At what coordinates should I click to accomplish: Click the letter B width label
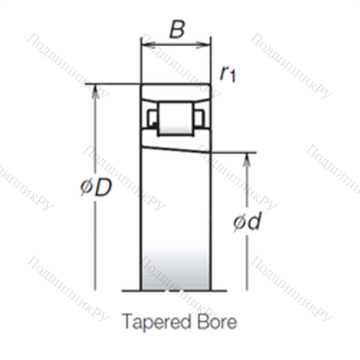click(x=177, y=30)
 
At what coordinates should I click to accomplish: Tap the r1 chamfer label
click(x=228, y=73)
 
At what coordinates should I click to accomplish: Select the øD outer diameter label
click(x=96, y=187)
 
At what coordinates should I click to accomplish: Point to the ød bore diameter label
click(x=247, y=221)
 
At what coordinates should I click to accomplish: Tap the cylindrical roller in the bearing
click(x=175, y=119)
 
